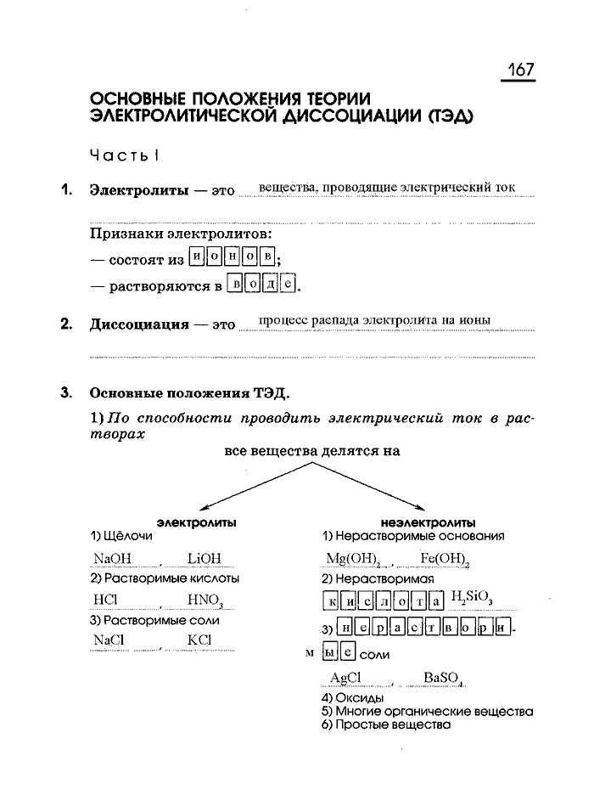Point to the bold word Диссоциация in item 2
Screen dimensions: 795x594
(139, 324)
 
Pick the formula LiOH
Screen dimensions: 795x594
(204, 559)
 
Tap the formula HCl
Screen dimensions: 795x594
(105, 600)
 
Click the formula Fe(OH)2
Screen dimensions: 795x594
(445, 559)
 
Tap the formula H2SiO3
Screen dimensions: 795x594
(473, 598)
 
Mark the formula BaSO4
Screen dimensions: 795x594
(442, 679)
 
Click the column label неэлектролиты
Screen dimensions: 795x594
(429, 522)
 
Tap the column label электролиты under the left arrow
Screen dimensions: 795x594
(197, 522)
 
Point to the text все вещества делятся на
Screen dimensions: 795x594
(312, 452)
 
